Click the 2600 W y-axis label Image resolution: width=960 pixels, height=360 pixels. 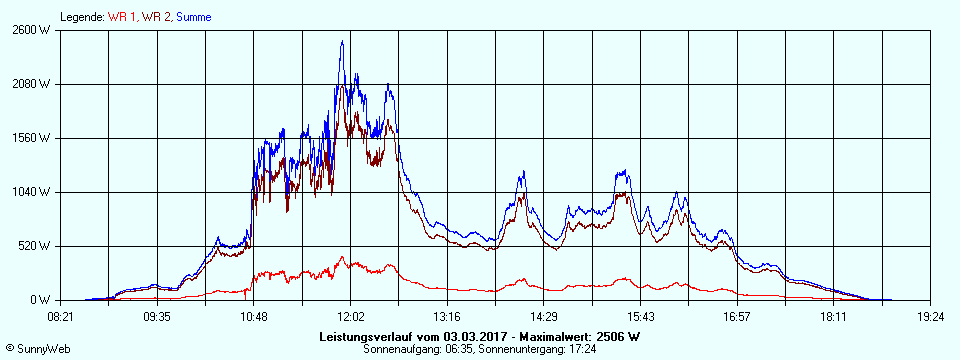coord(30,30)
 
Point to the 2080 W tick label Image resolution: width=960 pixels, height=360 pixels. coord(30,84)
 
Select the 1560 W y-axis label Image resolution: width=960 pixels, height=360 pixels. coord(30,138)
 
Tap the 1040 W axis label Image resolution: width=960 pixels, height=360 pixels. coord(30,192)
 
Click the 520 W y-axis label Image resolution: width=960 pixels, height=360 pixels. coord(33,246)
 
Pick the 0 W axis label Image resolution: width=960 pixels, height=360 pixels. coord(39,300)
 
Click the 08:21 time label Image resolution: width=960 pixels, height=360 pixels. coord(60,317)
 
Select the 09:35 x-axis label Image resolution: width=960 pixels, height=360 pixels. coord(157,317)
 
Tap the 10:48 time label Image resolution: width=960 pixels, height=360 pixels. coord(254,317)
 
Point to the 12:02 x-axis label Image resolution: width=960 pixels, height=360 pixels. coord(350,317)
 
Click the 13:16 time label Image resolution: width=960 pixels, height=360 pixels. coord(447,317)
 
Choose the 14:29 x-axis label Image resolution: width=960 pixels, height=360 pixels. coord(544,317)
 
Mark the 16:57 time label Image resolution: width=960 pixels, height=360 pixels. coord(737,317)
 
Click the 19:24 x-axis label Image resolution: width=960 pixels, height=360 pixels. coord(930,317)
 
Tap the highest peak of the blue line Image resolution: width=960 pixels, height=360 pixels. coord(342,42)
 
